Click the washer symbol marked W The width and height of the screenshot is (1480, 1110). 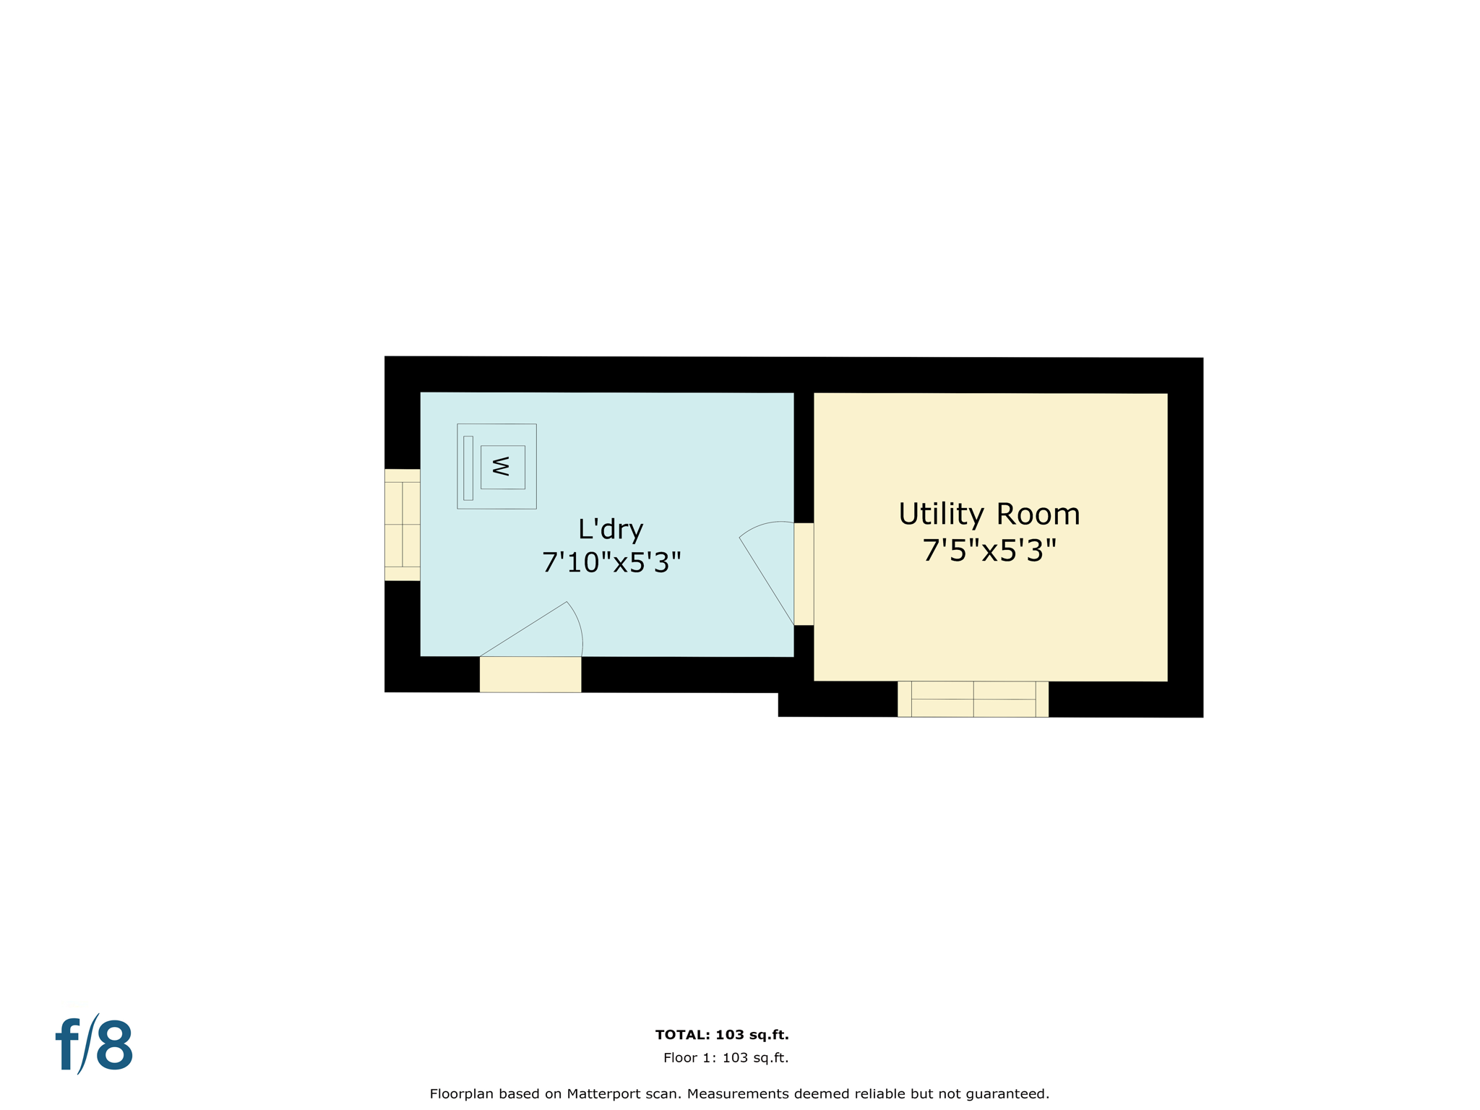pyautogui.click(x=502, y=467)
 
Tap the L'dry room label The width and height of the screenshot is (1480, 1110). pyautogui.click(x=611, y=530)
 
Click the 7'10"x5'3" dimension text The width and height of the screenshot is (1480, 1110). pyautogui.click(x=611, y=562)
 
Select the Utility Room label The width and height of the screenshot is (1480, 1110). pyautogui.click(x=989, y=515)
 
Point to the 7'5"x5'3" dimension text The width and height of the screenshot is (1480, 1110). pyautogui.click(x=989, y=551)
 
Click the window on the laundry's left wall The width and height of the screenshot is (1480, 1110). pyautogui.click(x=402, y=525)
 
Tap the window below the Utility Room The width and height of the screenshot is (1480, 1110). pyautogui.click(x=973, y=699)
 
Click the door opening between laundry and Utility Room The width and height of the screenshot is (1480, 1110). pyautogui.click(x=804, y=574)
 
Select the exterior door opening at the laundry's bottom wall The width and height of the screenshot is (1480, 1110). pyautogui.click(x=530, y=674)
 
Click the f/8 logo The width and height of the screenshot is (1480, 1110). pyautogui.click(x=95, y=1045)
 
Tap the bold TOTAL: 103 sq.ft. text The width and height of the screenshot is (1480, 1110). pyautogui.click(x=721, y=1035)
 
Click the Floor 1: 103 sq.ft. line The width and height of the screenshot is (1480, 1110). pyautogui.click(x=726, y=1058)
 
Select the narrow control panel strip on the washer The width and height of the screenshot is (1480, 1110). pyautogui.click(x=468, y=468)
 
